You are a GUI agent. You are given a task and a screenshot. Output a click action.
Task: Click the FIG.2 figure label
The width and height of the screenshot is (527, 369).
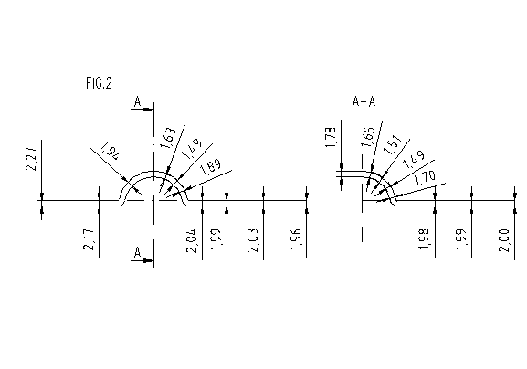[99, 83]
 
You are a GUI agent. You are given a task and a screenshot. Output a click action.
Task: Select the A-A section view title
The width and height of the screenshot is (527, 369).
[364, 101]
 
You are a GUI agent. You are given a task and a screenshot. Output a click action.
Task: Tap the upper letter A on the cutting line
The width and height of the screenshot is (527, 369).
[137, 101]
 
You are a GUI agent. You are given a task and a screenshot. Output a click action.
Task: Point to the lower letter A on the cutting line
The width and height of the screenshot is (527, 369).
[137, 252]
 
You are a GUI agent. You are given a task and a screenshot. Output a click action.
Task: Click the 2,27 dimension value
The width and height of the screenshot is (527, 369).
[31, 159]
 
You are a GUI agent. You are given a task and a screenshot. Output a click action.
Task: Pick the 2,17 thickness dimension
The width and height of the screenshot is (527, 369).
[89, 239]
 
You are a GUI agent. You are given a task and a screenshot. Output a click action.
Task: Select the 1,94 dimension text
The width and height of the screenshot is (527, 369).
[111, 151]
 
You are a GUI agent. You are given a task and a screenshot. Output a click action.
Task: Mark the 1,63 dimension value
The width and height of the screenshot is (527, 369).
[168, 137]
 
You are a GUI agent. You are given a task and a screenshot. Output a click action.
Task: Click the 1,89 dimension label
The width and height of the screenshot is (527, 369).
[211, 166]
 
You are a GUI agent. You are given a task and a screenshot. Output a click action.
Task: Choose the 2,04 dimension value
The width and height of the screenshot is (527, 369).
[191, 240]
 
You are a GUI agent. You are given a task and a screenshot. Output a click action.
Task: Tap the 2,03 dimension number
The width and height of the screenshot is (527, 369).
[253, 240]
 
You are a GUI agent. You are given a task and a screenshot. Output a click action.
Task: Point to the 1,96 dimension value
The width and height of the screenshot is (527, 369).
[296, 239]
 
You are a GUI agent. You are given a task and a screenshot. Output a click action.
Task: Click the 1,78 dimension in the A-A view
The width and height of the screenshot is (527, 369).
[331, 137]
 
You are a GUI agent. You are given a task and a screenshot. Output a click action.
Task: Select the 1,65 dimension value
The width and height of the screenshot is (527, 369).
[368, 136]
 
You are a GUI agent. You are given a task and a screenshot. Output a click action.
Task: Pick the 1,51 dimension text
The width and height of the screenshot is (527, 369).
[392, 144]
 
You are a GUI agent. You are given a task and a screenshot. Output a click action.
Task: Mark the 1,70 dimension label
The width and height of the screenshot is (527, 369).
[425, 178]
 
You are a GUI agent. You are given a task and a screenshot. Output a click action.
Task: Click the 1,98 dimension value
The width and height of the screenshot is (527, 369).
[424, 238]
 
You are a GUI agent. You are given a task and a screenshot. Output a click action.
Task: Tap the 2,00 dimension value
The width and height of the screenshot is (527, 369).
[504, 240]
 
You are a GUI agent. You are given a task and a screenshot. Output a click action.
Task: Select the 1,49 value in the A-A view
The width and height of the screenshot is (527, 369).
[414, 159]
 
